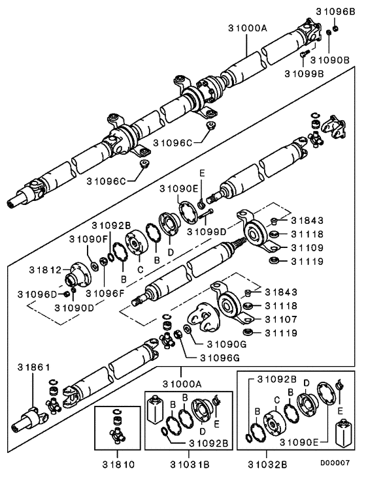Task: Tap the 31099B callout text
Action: click(304, 73)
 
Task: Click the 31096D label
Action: click(35, 293)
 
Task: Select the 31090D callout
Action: click(75, 307)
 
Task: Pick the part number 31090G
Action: click(226, 344)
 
